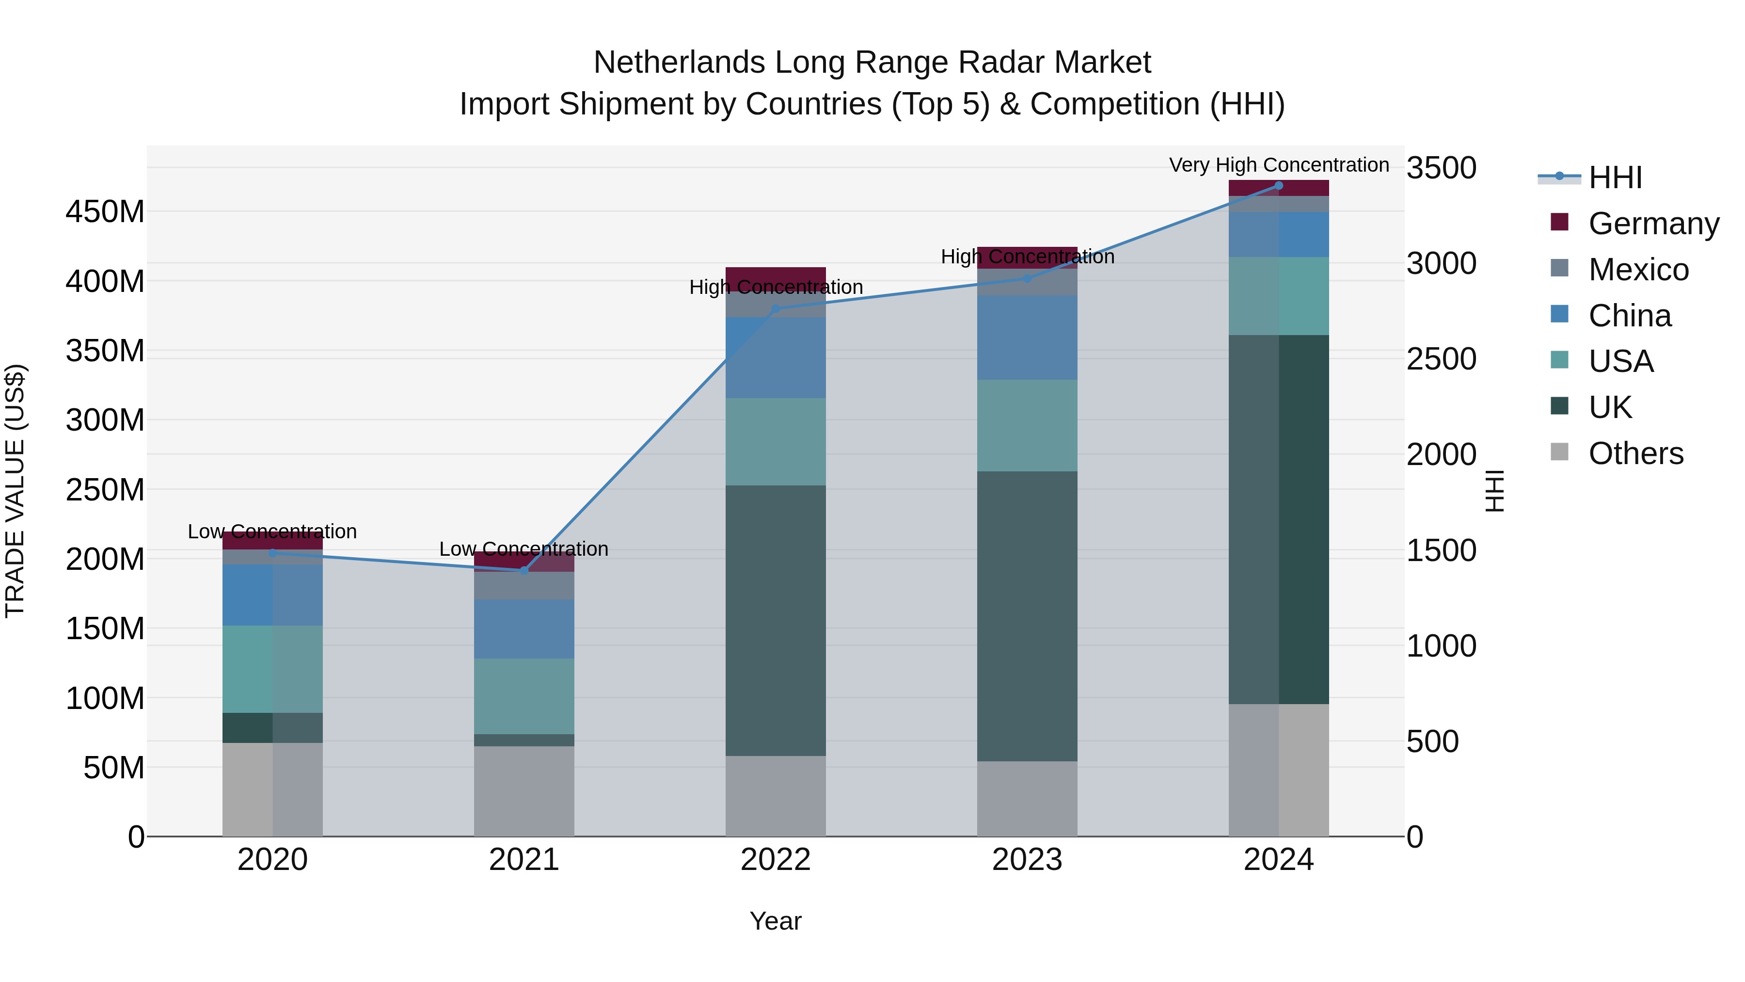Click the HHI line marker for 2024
coord(1278,186)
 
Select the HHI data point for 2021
coord(523,571)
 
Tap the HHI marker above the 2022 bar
coord(776,309)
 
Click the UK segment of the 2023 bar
coord(1027,616)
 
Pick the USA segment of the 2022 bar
coord(776,442)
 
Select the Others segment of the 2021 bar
coord(523,791)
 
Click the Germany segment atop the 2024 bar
coord(1278,188)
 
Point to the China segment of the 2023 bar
coord(1027,338)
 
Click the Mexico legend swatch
coord(1559,268)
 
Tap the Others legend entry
coord(1616,453)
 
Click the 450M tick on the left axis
coord(105,211)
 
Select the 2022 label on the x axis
coord(776,860)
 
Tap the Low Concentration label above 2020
coord(272,531)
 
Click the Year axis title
coord(776,921)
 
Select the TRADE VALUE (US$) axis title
coord(15,491)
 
